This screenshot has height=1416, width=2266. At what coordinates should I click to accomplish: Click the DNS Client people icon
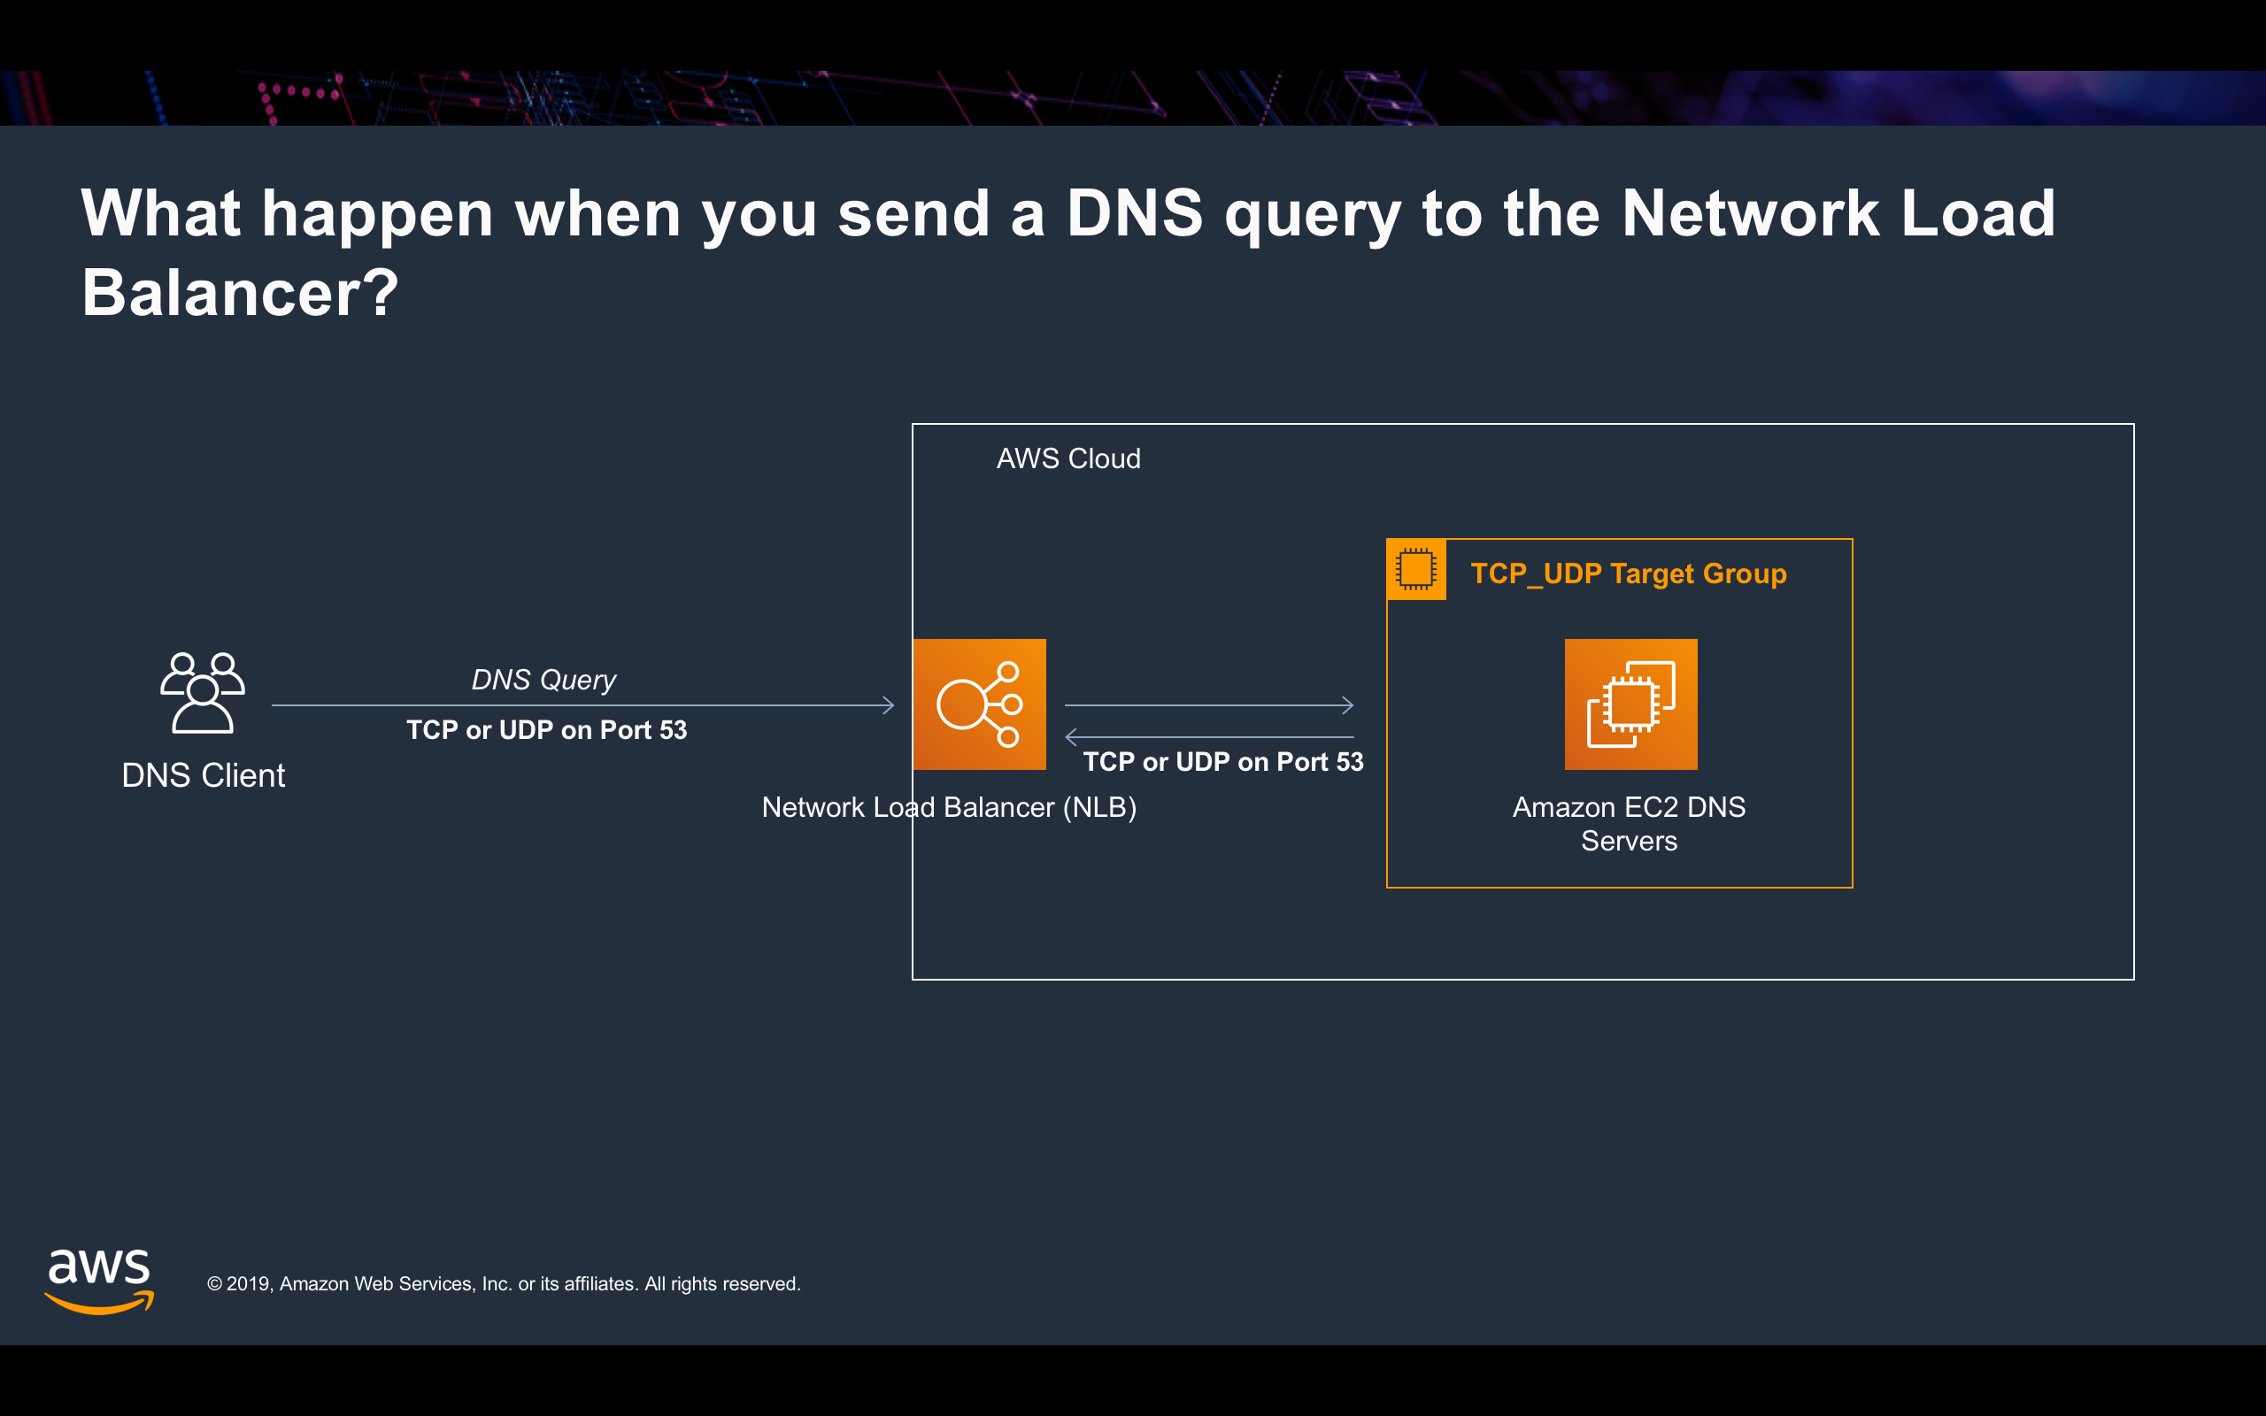click(x=202, y=693)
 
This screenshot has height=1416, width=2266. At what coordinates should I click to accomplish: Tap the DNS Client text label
click(x=204, y=775)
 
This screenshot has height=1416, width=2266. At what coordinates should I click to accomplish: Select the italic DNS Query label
click(x=543, y=680)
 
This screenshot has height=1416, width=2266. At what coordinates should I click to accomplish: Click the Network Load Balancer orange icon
click(x=978, y=704)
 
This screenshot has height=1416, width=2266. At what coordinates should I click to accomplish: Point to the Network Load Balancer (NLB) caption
click(x=949, y=807)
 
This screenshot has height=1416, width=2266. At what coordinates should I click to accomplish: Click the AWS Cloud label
click(x=1067, y=459)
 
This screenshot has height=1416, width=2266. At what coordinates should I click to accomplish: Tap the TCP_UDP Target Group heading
click(x=1629, y=573)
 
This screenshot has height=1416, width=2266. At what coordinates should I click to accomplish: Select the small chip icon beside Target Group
click(x=1415, y=569)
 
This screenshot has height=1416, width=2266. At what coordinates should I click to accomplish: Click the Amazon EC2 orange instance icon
click(x=1630, y=704)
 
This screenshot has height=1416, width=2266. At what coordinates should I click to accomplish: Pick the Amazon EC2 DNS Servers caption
click(x=1629, y=824)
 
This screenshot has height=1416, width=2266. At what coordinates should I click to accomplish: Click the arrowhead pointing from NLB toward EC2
click(x=1348, y=705)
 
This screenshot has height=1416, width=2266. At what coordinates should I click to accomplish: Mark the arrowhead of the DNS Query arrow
click(x=889, y=705)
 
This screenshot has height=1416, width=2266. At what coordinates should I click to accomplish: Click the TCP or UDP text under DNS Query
click(x=546, y=730)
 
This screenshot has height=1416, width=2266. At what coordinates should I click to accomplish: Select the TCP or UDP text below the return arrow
click(x=1223, y=762)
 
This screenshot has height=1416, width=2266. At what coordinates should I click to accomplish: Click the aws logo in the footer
click(x=99, y=1280)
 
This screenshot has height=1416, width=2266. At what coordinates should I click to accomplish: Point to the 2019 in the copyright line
click(x=248, y=1284)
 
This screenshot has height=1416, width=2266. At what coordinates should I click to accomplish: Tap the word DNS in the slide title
click(x=1134, y=213)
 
